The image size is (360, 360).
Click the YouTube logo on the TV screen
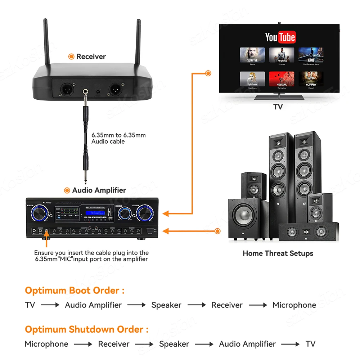[280, 37]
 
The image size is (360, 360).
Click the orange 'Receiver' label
[91, 57]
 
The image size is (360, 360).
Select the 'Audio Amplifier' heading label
[99, 190]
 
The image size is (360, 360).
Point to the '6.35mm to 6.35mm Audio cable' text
[118, 138]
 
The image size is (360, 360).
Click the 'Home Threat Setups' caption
[278, 253]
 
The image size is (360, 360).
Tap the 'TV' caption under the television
[278, 107]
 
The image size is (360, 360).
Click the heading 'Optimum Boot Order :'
[75, 291]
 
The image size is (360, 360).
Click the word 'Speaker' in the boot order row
[166, 305]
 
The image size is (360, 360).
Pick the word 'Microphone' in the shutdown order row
[46, 344]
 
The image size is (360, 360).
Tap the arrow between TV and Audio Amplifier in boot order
[50, 305]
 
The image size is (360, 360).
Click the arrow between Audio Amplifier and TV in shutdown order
[290, 344]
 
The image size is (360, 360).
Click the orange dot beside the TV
[208, 73]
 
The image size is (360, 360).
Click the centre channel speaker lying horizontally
[308, 231]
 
